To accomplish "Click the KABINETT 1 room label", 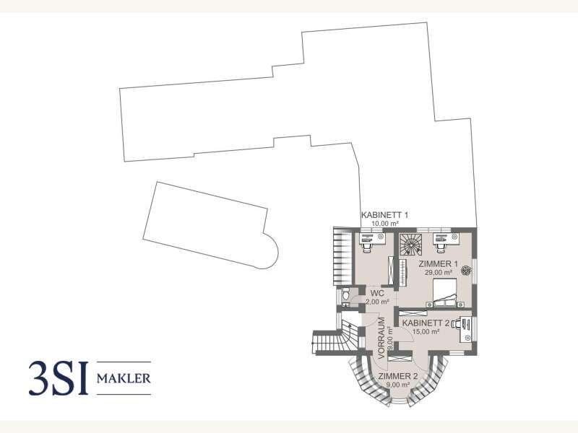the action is coord(384,214).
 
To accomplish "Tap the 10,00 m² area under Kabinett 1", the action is coord(384,224).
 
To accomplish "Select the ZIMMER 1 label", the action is coord(438,264).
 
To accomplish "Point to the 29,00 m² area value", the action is coord(439,273).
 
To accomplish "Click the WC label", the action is coord(378,294).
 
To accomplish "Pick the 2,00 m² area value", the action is coord(377,302).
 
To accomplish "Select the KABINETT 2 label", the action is coord(426,323).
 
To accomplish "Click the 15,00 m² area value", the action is coord(426,332).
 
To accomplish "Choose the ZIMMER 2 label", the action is coord(398,376).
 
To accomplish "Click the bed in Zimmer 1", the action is coord(445,293).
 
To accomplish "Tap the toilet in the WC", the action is coord(346,294).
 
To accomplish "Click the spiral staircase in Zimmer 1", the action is coord(410,244).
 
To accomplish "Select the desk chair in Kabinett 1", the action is coord(366,246).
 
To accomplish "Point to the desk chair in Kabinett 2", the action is coord(457,324).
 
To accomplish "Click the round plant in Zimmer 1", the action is coord(466,271).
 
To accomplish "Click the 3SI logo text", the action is coord(59,378).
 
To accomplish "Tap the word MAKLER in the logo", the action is coord(124,378).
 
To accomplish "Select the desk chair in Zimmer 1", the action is coord(440,246).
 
